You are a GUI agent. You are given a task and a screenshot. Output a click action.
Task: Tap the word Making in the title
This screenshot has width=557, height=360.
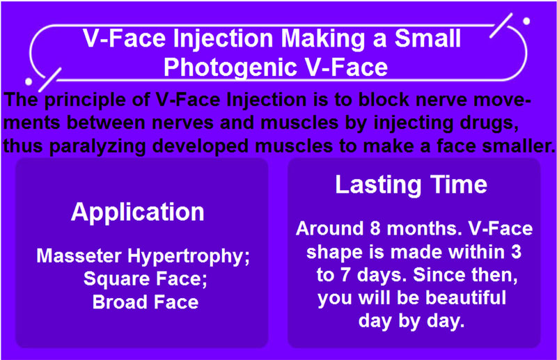click(324, 38)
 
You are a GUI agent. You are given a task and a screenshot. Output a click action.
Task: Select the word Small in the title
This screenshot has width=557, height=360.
click(428, 38)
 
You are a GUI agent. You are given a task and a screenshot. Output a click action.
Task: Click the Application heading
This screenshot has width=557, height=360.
click(137, 213)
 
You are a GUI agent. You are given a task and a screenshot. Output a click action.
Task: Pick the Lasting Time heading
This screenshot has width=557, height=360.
click(411, 185)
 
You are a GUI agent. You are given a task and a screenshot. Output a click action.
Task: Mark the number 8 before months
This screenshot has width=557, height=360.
click(375, 228)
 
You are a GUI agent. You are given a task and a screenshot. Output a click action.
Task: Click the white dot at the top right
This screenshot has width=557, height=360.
click(526, 22)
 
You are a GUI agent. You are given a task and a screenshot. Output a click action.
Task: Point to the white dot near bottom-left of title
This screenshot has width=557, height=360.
click(29, 82)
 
